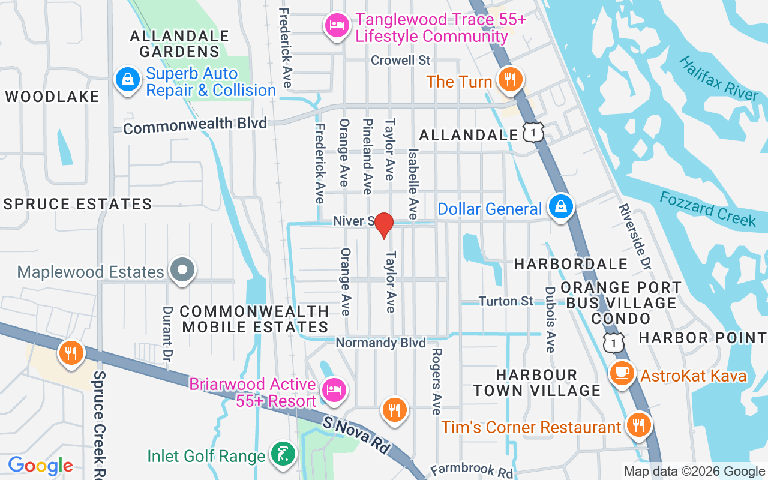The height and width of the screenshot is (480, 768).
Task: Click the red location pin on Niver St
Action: [383, 226]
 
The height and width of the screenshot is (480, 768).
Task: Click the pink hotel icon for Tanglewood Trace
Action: [337, 26]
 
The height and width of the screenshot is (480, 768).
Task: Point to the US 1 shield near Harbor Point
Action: [614, 341]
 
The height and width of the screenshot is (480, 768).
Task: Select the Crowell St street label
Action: [401, 60]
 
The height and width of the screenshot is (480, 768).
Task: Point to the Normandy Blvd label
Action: [381, 343]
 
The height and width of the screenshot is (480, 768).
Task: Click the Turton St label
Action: [505, 301]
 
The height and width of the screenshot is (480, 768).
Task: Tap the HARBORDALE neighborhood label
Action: [571, 264]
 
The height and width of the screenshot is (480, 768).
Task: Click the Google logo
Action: [40, 466]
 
